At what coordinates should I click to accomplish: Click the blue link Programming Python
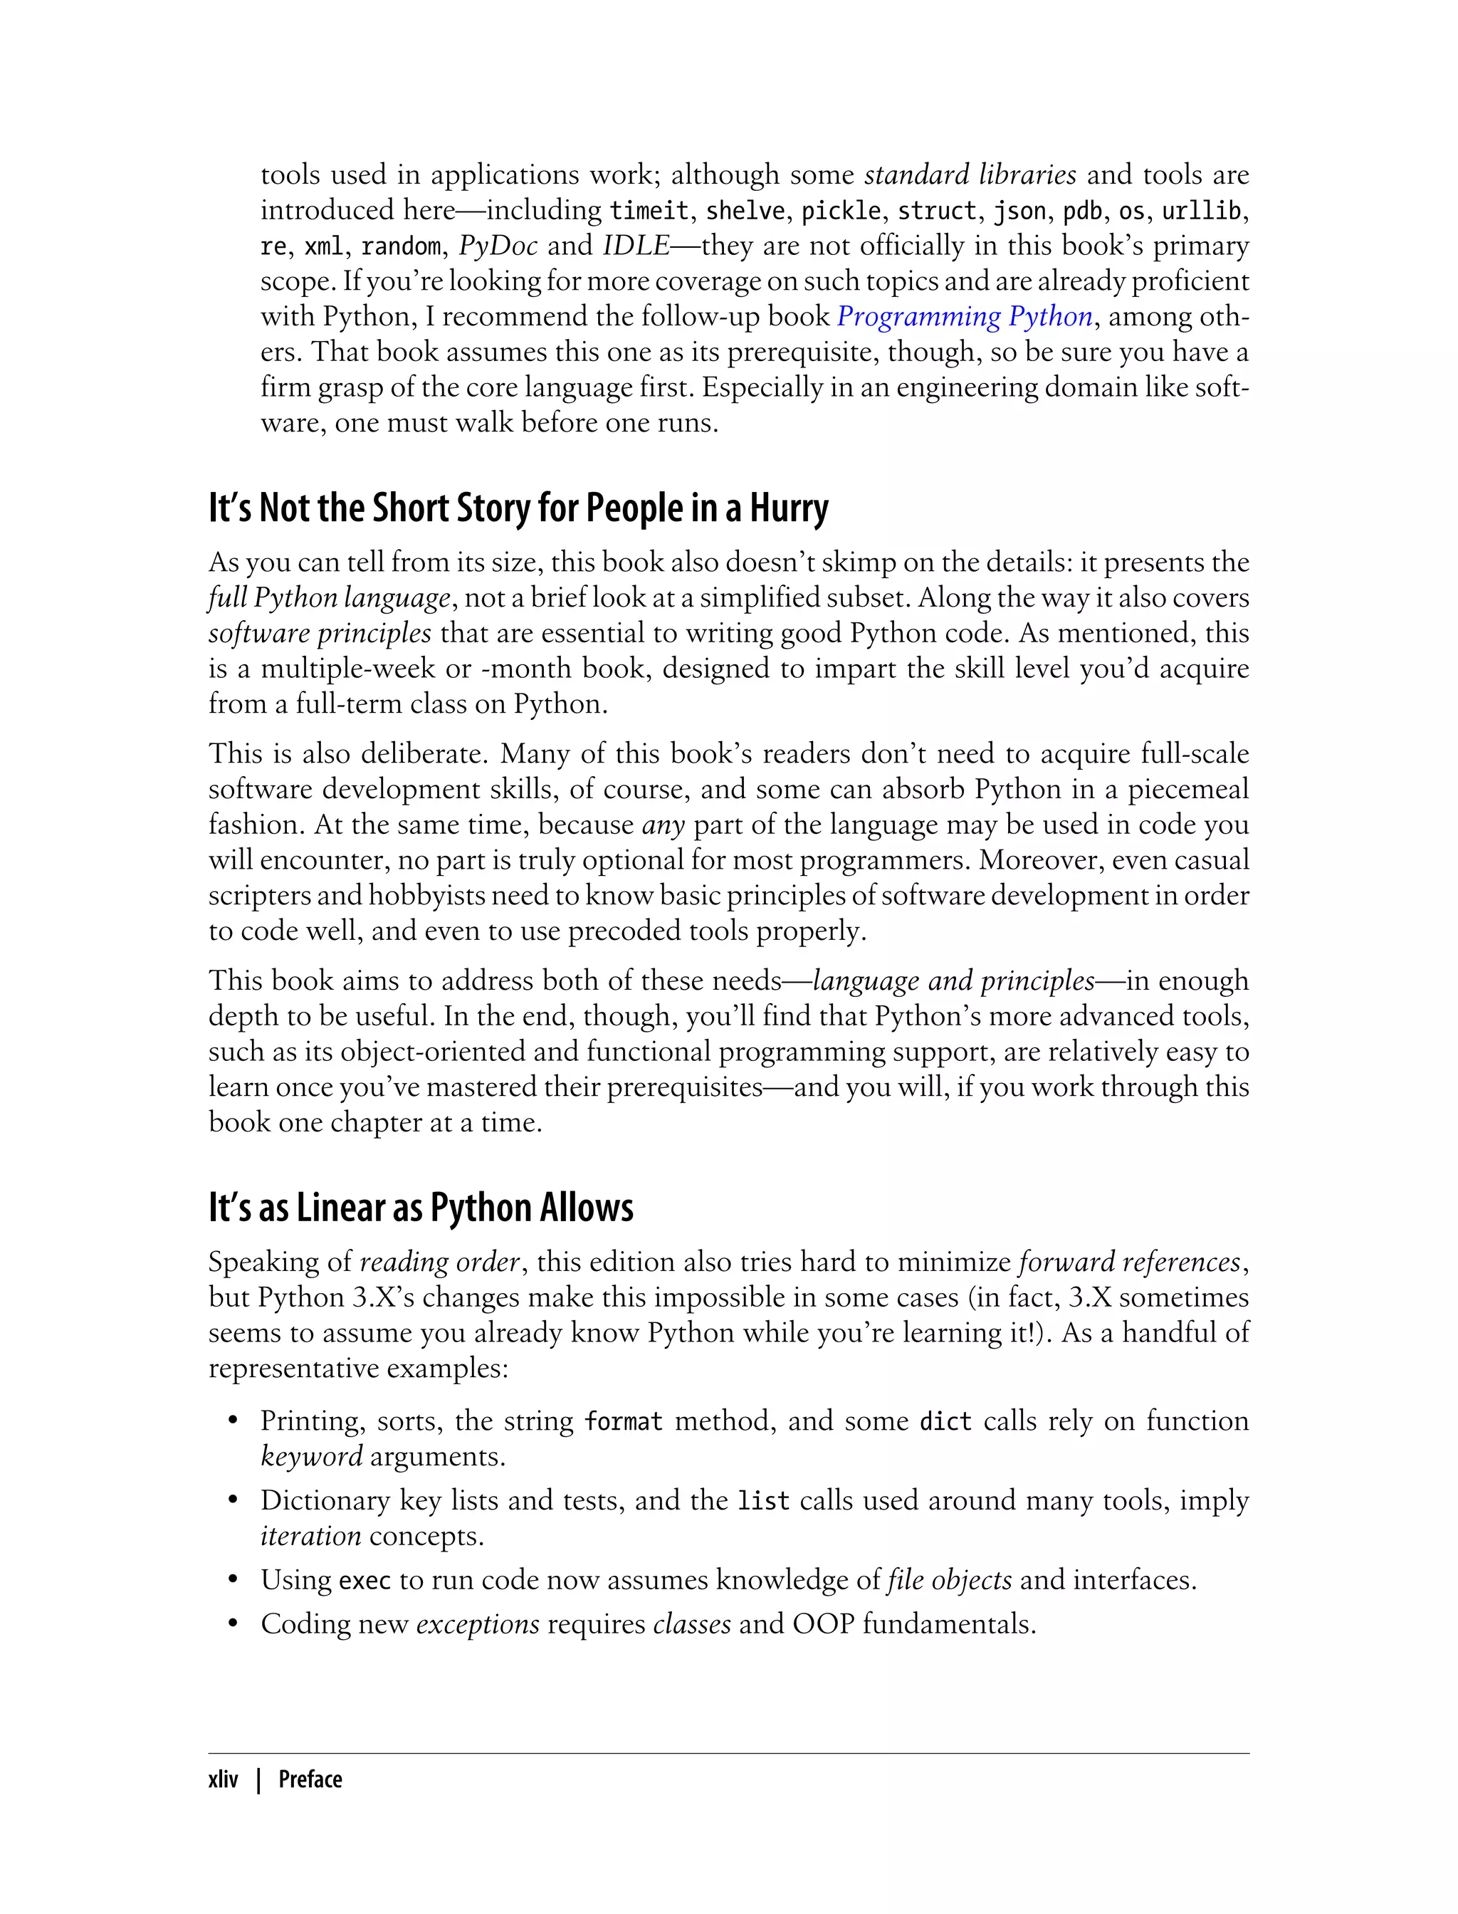pos(964,316)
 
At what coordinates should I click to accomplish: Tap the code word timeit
pos(649,211)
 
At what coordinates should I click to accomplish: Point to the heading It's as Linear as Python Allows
pos(421,1208)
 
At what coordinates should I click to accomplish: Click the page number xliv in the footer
pos(223,1779)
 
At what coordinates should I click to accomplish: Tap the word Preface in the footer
pos(310,1779)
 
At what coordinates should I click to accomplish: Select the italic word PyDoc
pos(498,246)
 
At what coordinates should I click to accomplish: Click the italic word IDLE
pos(635,246)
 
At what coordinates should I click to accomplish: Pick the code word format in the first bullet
pos(623,1421)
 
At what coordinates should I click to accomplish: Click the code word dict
pos(945,1421)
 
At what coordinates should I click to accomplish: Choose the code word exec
pos(364,1580)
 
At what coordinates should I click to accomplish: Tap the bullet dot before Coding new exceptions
pos(233,1624)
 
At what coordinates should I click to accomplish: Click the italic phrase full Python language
pos(329,598)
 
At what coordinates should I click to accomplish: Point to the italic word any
pos(663,824)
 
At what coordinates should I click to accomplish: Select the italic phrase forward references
pos(1130,1261)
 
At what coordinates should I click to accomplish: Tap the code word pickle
pos(840,211)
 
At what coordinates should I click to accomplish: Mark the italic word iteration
pos(310,1537)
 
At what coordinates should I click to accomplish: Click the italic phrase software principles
pos(320,633)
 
